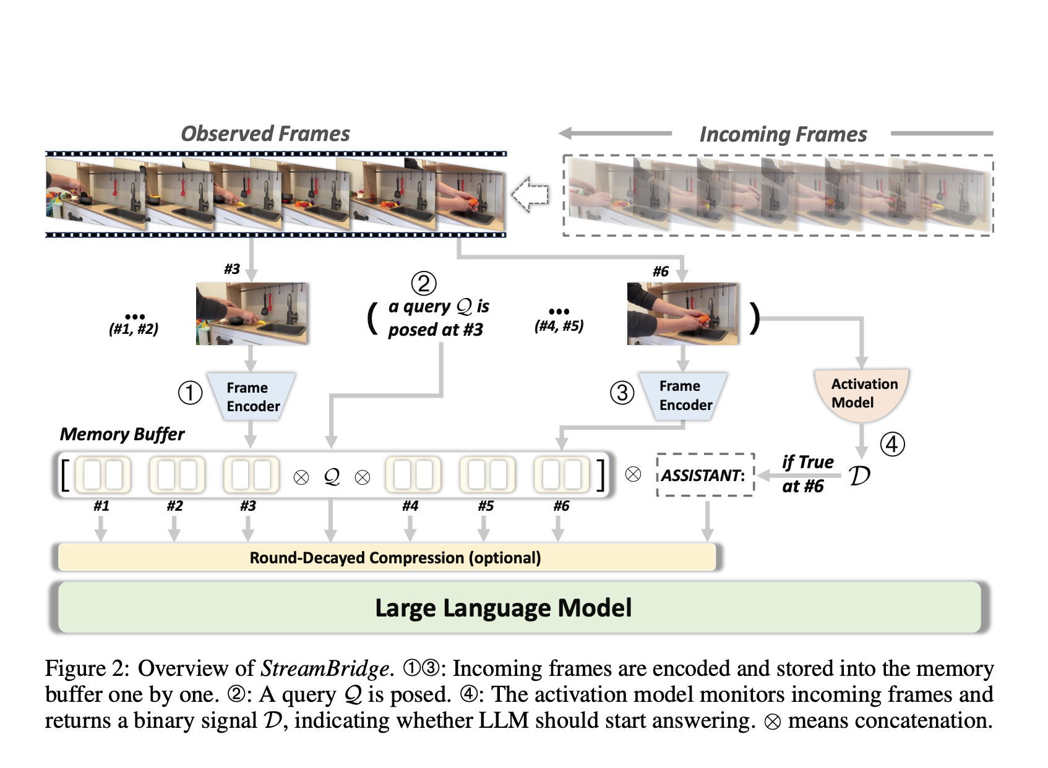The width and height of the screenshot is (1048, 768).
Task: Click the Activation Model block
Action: pos(862,394)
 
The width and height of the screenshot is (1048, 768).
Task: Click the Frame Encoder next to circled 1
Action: pos(252,397)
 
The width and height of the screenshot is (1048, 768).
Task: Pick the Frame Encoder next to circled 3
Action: pos(684,396)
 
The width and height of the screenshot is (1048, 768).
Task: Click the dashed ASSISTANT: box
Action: pos(705,475)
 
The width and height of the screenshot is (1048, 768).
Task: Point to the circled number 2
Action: pos(424,283)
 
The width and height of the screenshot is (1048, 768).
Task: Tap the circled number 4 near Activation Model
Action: pos(892,444)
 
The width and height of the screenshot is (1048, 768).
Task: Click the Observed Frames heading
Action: pos(265,134)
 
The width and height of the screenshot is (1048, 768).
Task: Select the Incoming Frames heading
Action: pos(783,134)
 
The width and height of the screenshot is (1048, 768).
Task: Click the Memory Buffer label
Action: pos(122,434)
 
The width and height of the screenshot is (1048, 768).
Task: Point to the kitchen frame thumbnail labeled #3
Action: pos(251,314)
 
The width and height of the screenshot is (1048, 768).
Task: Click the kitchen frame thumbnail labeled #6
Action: pos(682,314)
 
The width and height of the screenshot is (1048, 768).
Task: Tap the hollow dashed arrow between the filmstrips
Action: pos(531,194)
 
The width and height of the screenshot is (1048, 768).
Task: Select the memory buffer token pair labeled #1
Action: pos(103,475)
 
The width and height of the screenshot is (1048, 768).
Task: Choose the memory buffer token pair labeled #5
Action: pos(487,475)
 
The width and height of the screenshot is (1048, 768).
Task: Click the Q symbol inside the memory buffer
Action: pos(332,476)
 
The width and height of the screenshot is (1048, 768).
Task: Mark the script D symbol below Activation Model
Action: pos(859,476)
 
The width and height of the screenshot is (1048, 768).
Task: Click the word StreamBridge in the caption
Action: pos(325,668)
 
